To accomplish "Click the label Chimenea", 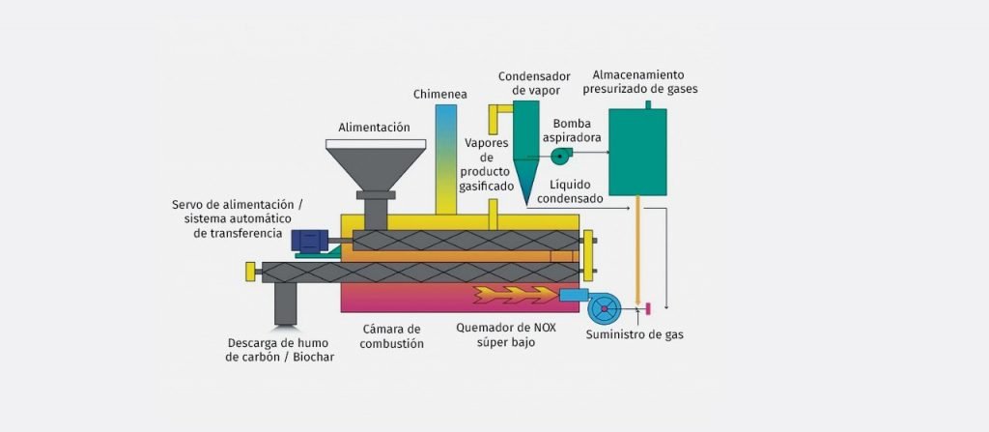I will point(440,94).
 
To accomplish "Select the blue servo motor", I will point(310,241).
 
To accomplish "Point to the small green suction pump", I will point(559,154).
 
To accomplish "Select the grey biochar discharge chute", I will point(287,303).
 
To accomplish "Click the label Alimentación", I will point(374,127).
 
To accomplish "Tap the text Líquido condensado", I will point(577,191).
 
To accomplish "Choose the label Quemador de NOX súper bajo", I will point(506,334).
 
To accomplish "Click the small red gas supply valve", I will point(648,308).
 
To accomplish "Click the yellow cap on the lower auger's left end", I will point(250,272).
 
